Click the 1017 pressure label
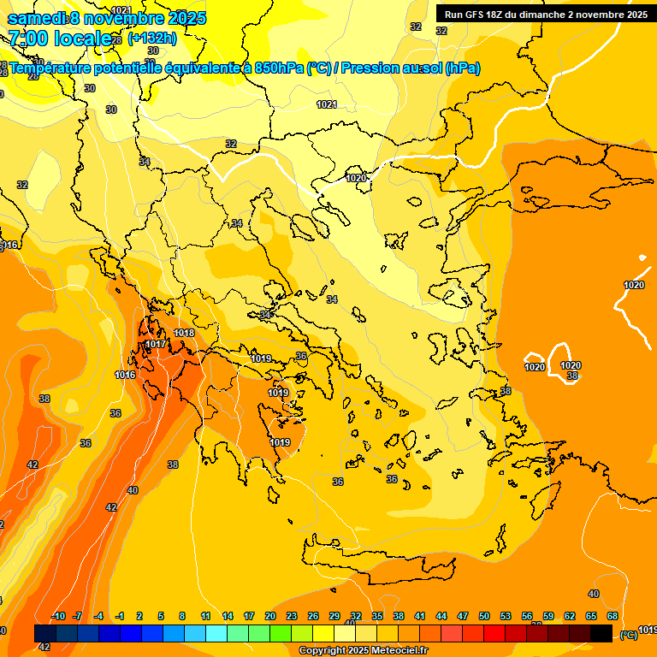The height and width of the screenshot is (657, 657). click(x=156, y=345)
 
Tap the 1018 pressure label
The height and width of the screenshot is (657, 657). click(x=184, y=333)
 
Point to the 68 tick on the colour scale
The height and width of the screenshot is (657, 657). click(x=613, y=616)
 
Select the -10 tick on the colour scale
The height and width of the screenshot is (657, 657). click(x=59, y=616)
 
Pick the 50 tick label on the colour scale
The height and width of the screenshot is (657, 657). click(x=484, y=616)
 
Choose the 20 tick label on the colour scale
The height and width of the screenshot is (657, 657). click(x=270, y=616)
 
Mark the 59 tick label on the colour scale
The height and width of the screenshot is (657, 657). click(x=548, y=616)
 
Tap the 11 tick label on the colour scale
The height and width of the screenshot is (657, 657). click(x=206, y=616)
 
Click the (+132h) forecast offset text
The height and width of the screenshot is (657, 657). click(x=152, y=38)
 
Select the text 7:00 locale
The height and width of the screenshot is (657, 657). click(x=59, y=38)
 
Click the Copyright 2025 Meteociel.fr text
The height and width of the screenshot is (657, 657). click(x=363, y=651)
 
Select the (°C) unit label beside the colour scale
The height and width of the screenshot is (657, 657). click(x=629, y=635)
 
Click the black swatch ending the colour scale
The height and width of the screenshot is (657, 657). click(x=601, y=633)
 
